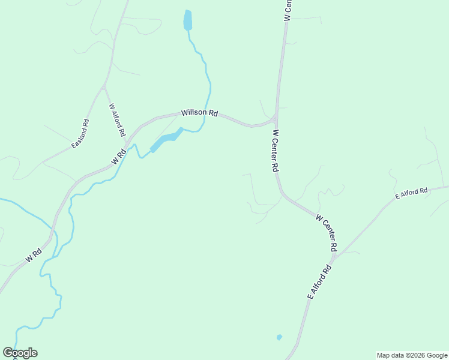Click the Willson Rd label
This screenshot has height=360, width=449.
point(200,112)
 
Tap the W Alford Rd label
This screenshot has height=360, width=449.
point(117,119)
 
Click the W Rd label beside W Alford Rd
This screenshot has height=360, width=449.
point(118,157)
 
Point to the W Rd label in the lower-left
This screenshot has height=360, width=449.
point(34,256)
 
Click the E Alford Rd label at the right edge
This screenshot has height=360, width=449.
point(411,194)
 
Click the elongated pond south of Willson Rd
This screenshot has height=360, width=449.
point(165,140)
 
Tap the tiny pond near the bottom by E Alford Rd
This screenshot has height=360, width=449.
point(279,337)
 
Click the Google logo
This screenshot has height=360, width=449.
point(20,353)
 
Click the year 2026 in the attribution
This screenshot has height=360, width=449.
point(418,355)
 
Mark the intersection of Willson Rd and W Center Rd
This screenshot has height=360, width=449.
point(275,117)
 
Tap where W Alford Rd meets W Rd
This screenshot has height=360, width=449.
point(127,144)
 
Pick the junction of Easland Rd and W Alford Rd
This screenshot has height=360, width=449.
point(104,88)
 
